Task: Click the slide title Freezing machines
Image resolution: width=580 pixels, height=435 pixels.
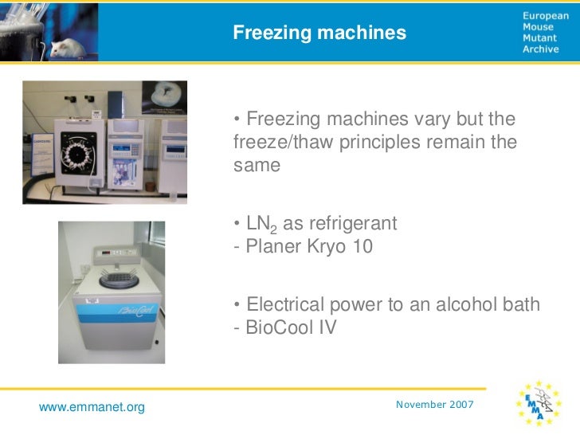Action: point(319,33)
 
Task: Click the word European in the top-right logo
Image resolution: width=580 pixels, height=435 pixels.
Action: point(545,16)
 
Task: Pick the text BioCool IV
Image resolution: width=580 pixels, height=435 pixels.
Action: point(285,327)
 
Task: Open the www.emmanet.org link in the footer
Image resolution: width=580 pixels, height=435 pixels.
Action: point(92,408)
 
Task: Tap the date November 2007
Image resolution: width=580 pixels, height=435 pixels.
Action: point(434,405)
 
